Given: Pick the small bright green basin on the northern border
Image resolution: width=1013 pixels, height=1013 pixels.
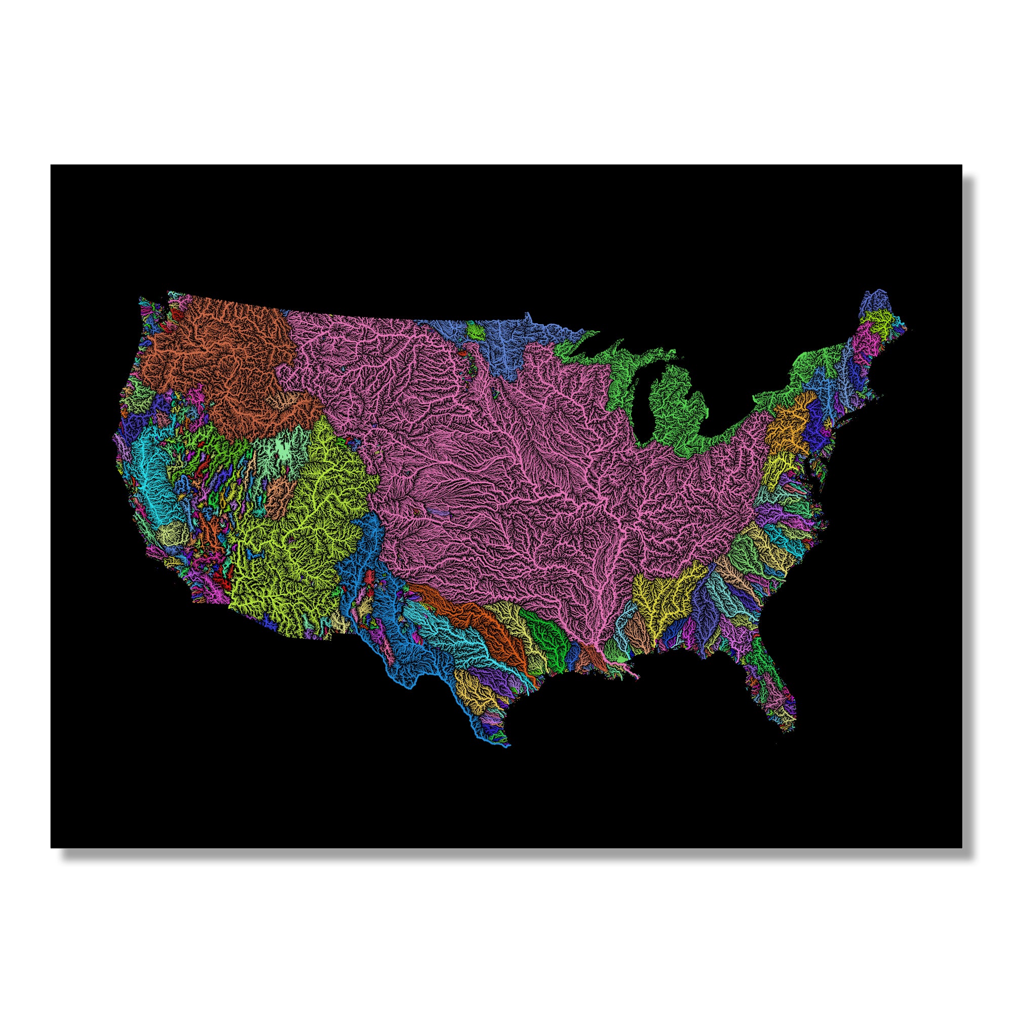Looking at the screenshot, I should tap(476, 330).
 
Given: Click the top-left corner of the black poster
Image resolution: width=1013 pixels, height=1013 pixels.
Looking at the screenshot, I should tap(51, 166).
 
